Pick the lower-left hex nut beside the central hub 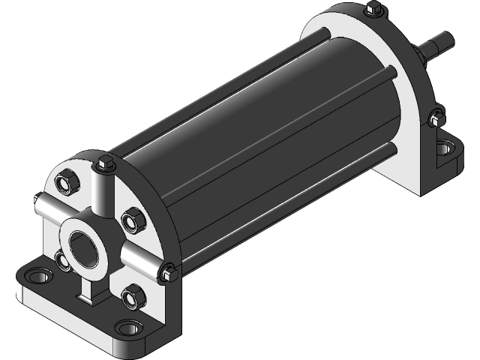coord(60,260)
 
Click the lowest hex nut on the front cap coord(133,297)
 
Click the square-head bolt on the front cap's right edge coord(167,273)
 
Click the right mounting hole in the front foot coord(129,328)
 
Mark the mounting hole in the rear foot coord(448,148)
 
